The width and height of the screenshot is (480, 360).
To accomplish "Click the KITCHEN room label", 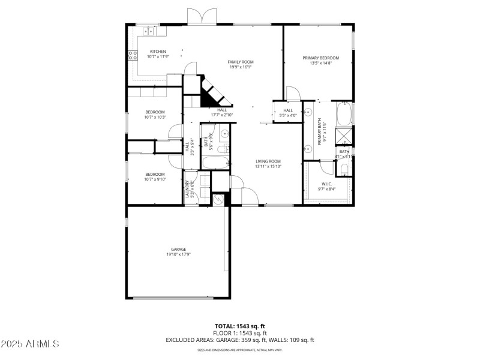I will point(158,52).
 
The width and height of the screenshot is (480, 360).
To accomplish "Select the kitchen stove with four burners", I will point(133,56).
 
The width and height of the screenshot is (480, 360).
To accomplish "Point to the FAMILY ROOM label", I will point(240,62).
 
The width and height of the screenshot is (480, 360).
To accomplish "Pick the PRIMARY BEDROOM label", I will point(320,58).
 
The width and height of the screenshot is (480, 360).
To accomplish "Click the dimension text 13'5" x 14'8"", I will point(320,64).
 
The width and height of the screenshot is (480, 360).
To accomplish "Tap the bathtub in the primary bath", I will point(344,113).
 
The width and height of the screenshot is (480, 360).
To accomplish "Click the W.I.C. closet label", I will point(326,184).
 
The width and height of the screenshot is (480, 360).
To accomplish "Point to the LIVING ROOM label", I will point(268,161).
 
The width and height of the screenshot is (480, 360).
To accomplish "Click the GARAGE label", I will point(178,249).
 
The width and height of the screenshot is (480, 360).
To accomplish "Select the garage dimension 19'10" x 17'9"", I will point(178,254).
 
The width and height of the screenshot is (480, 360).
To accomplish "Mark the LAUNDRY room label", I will point(187,188).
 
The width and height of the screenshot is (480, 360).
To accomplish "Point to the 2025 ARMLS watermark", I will point(30,344).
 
